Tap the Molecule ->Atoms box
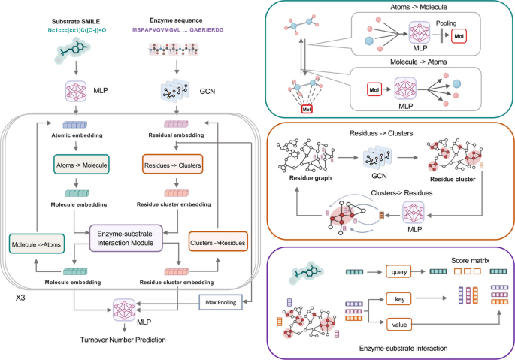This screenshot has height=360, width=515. coord(37,244)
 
